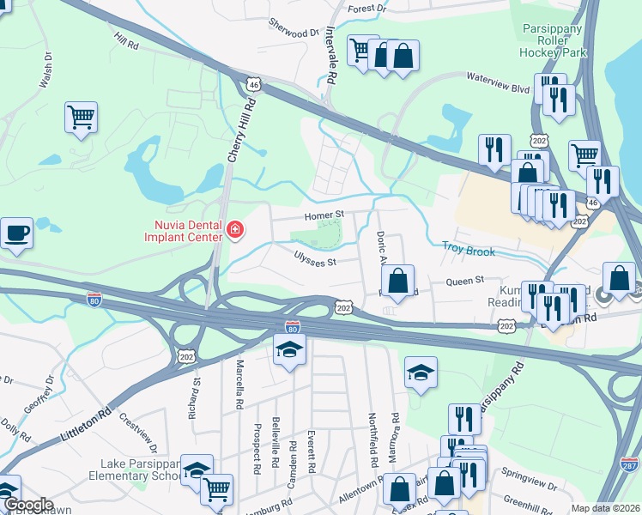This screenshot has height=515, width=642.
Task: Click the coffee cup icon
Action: click(16, 233)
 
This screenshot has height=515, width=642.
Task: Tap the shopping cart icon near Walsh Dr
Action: click(81, 117)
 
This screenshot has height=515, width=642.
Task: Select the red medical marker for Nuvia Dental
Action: click(234, 229)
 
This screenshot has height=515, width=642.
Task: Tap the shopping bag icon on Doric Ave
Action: click(397, 280)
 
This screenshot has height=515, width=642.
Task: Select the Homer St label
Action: click(326, 215)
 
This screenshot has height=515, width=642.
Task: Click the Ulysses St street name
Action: click(314, 258)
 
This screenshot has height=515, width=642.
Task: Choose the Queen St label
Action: click(465, 280)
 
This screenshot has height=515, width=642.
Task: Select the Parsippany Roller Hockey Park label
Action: click(554, 40)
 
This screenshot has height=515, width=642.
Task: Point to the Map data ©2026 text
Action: click(605, 508)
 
